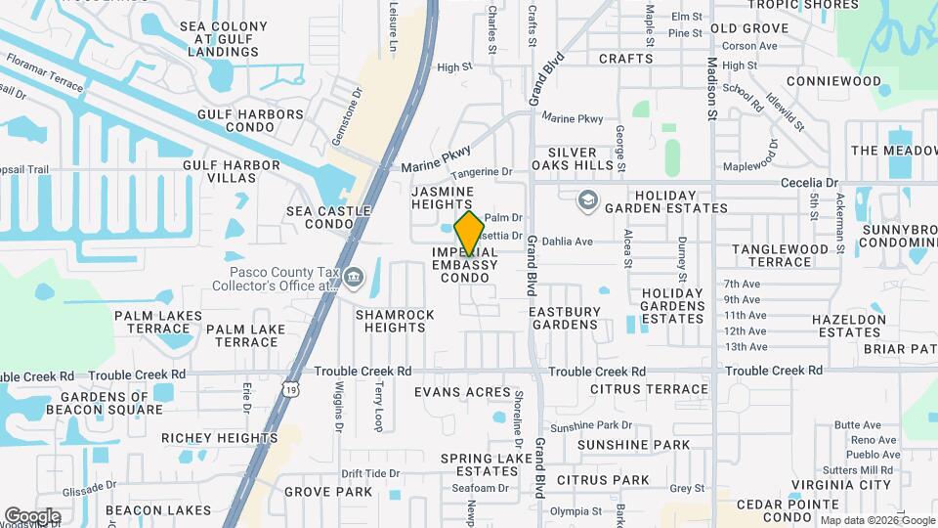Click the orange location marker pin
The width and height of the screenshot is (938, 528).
click(470, 233)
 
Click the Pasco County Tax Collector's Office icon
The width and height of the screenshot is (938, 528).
click(352, 279)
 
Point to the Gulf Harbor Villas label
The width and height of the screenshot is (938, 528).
click(232, 172)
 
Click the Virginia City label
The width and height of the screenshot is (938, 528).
click(840, 485)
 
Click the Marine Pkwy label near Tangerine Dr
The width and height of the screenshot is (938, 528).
click(437, 158)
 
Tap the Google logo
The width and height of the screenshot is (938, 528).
click(32, 516)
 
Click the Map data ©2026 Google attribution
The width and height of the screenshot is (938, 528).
click(877, 520)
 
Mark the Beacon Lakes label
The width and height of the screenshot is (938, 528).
click(146, 510)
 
